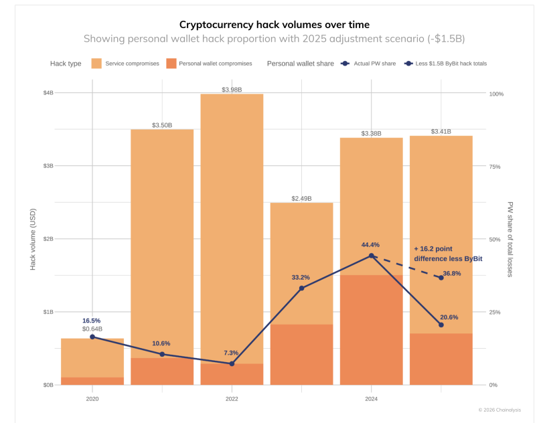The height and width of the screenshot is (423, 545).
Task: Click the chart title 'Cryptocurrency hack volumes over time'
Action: (x=274, y=24)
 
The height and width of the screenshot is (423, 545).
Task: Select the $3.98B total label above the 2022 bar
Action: (x=231, y=89)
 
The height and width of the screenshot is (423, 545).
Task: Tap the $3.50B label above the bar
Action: (x=162, y=125)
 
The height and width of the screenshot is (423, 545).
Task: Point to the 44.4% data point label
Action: (x=370, y=245)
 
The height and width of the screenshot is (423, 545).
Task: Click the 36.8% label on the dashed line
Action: (x=451, y=273)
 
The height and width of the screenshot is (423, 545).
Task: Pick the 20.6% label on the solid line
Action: (x=449, y=317)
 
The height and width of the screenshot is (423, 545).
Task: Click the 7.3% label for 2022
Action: (x=231, y=353)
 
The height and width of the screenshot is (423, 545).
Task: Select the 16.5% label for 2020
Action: (x=92, y=321)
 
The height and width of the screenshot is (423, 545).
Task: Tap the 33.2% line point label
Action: (x=301, y=277)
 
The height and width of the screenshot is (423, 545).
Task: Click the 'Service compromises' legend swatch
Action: (x=96, y=64)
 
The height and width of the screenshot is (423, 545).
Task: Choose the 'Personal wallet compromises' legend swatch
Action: (x=171, y=64)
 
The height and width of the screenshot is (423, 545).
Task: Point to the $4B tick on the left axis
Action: (x=48, y=92)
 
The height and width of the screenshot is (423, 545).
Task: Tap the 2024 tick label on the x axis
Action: (x=371, y=398)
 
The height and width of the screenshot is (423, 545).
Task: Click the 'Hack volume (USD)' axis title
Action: (x=33, y=239)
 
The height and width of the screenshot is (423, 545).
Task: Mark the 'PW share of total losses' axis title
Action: (x=510, y=239)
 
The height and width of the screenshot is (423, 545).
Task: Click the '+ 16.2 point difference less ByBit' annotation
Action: (x=447, y=253)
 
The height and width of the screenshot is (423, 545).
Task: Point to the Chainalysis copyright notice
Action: (x=499, y=410)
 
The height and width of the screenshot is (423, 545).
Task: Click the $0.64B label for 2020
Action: (x=92, y=329)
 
